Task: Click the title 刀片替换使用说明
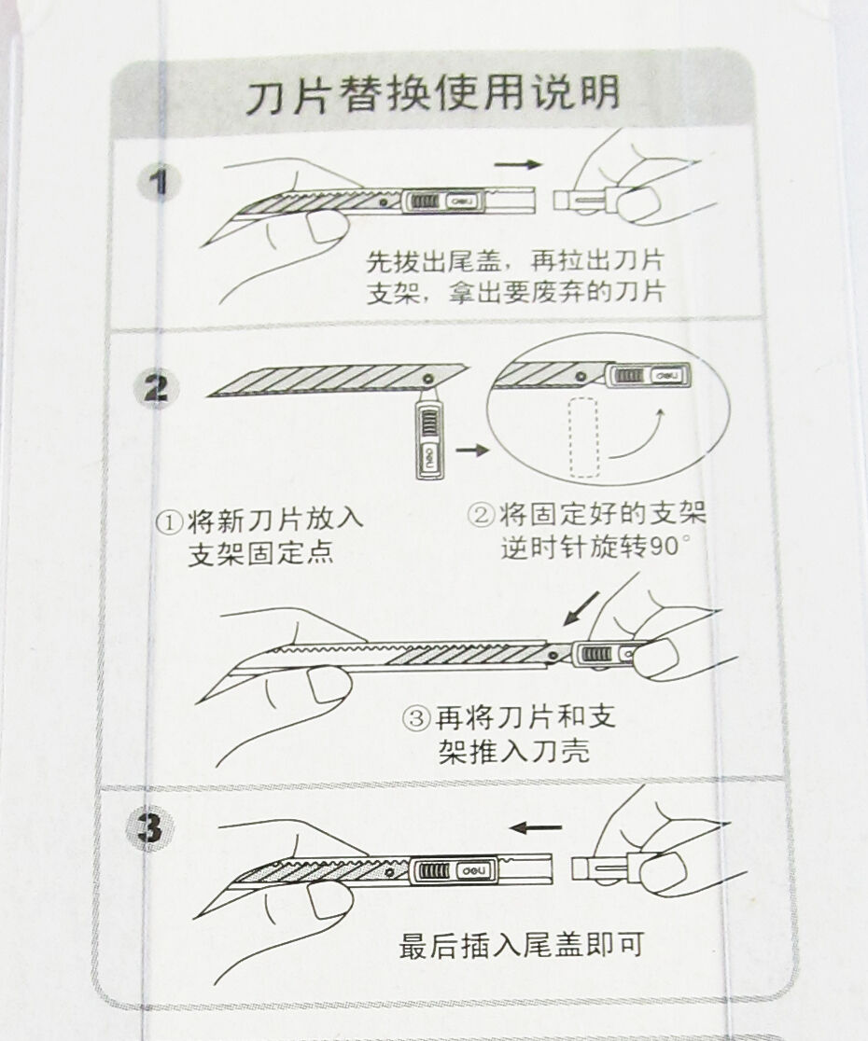(x=433, y=93)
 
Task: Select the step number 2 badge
(x=155, y=386)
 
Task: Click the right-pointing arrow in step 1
(x=518, y=164)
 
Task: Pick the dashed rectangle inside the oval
(x=584, y=437)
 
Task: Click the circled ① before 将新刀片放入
(x=169, y=521)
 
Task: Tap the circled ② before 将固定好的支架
(x=481, y=515)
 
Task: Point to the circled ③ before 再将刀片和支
(x=417, y=718)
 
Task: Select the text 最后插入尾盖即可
(x=521, y=945)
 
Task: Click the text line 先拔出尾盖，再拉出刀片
(x=515, y=261)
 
